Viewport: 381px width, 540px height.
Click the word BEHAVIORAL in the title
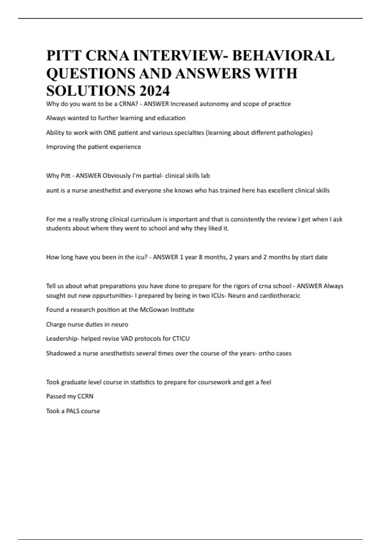pos(283,56)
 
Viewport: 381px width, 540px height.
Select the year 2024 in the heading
pos(154,91)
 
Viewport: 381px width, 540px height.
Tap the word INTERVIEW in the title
pos(178,56)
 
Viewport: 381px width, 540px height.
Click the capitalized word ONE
pos(110,133)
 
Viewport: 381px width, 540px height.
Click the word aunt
pos(52,191)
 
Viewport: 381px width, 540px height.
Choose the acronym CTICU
pos(181,339)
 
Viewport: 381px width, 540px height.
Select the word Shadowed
pos(61,353)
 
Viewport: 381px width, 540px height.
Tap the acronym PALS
pos(73,411)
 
